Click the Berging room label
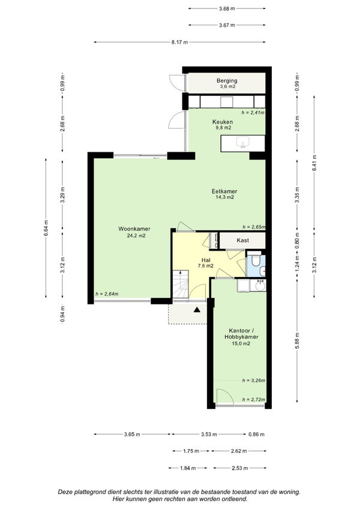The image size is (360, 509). click(227, 80)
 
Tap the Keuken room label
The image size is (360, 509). click(223, 122)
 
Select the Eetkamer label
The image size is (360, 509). click(224, 191)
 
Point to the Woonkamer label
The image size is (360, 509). click(134, 229)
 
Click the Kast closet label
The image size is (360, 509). click(243, 240)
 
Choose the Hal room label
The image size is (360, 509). click(206, 260)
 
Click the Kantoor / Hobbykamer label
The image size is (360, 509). click(241, 333)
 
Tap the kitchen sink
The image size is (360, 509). click(243, 142)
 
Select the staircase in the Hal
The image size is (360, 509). click(181, 284)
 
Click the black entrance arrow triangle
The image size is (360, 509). click(197, 310)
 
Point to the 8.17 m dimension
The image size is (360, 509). click(179, 42)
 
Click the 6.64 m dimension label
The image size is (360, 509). click(46, 228)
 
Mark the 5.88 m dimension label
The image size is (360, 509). click(297, 341)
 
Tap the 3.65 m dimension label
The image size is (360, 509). click(132, 434)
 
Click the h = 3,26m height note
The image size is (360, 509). click(253, 381)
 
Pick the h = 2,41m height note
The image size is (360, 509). click(253, 113)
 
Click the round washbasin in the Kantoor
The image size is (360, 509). click(260, 286)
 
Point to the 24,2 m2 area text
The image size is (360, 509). click(136, 236)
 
